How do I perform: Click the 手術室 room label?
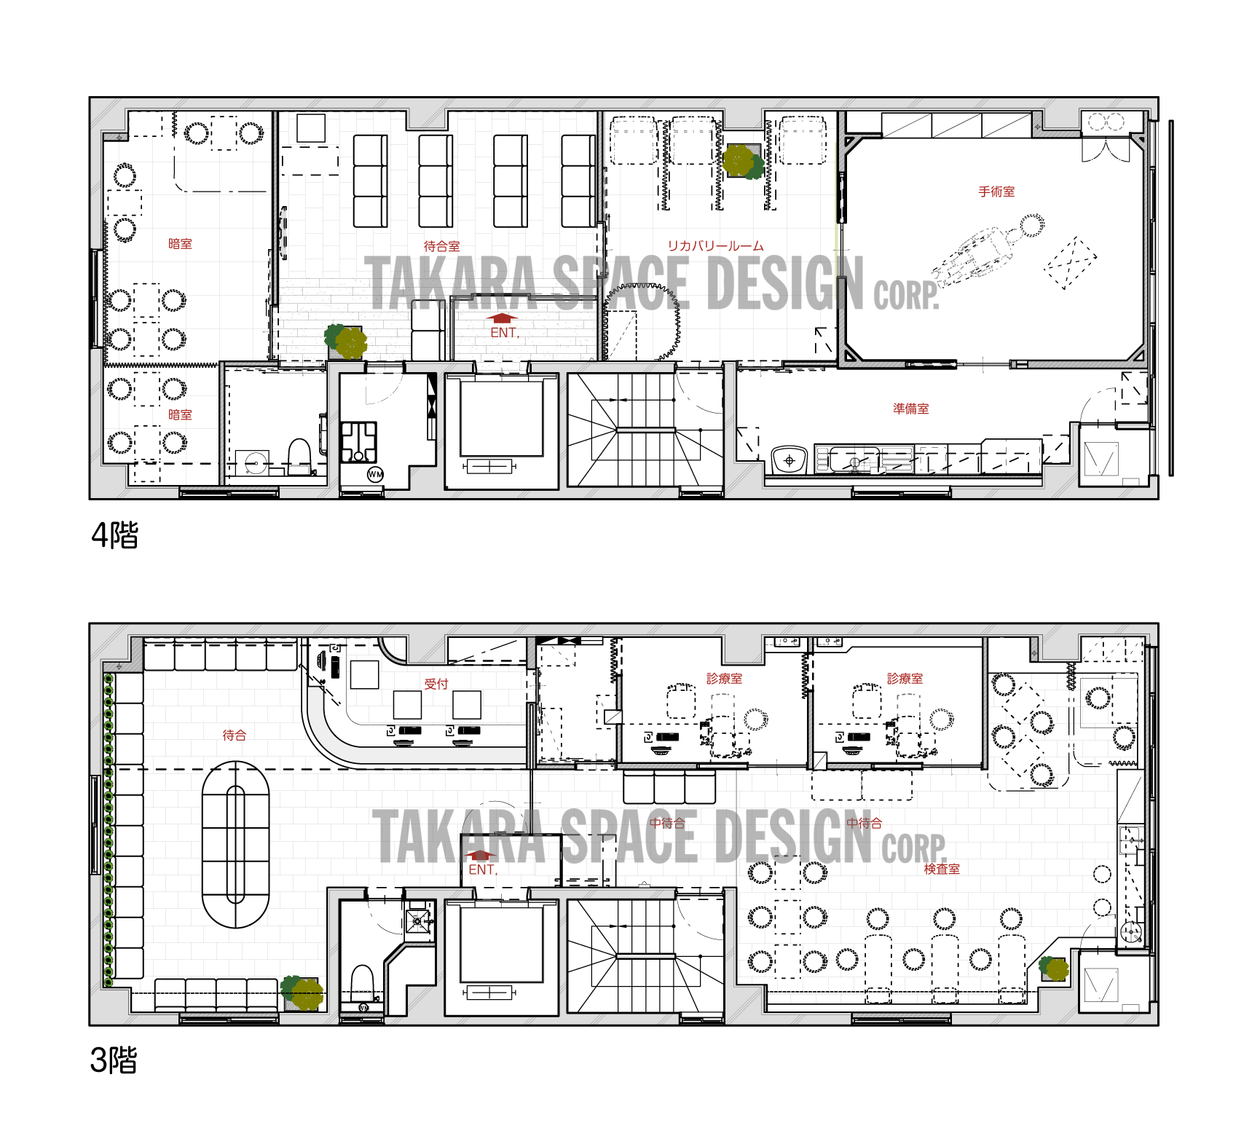pos(996,192)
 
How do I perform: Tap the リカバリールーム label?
pos(715,246)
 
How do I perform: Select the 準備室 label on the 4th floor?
pos(910,409)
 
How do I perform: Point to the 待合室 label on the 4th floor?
pos(441,246)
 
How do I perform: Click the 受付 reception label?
pos(436,684)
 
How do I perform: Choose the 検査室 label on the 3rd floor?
pos(941,869)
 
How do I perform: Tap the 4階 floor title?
pos(114,535)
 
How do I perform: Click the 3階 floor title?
pos(114,1060)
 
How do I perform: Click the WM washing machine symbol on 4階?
pos(375,474)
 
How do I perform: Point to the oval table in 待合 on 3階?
pos(235,845)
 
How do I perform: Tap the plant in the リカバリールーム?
pos(743,161)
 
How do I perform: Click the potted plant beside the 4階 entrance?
pos(346,342)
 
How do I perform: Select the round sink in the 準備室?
pos(789,460)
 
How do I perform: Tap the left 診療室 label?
pos(724,679)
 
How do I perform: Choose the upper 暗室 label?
pos(180,244)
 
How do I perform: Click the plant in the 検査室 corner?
pos(1053,969)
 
